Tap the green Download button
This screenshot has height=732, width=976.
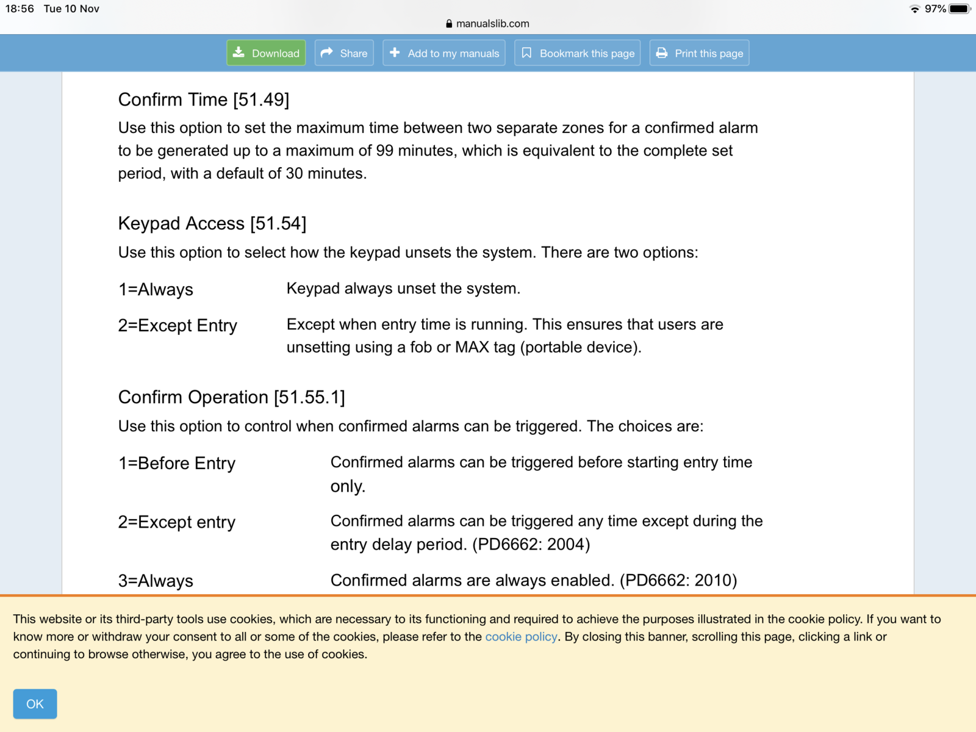(x=266, y=53)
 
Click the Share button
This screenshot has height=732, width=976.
(x=344, y=53)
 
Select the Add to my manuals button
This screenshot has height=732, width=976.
(x=444, y=53)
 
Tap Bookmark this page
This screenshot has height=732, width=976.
(x=577, y=53)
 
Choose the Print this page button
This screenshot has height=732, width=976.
(x=699, y=53)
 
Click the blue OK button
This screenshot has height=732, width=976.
(x=35, y=704)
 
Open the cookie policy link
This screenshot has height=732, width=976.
(x=521, y=637)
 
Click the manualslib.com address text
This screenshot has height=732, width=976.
(x=492, y=24)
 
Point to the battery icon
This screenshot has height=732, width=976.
(x=959, y=9)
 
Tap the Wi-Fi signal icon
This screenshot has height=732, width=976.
(x=914, y=9)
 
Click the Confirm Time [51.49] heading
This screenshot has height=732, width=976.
(x=204, y=99)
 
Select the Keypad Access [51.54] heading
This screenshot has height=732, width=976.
(x=212, y=223)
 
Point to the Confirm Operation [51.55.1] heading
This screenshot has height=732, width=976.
(x=231, y=397)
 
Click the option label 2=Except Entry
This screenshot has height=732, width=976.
(x=178, y=325)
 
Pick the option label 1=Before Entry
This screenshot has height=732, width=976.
(x=177, y=463)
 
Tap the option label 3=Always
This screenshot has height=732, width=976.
(x=156, y=581)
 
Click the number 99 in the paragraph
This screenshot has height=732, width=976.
(x=384, y=151)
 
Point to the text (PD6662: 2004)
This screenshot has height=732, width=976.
(x=531, y=544)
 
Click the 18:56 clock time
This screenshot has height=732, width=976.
(x=20, y=9)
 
